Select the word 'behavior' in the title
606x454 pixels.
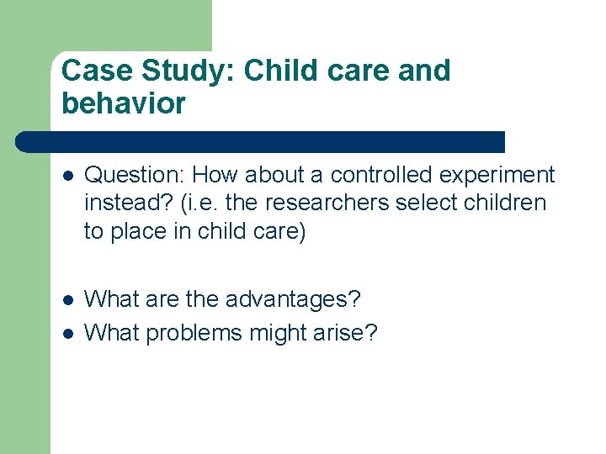pyautogui.click(x=124, y=104)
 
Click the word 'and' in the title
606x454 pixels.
pyautogui.click(x=423, y=71)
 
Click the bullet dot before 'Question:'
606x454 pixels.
pyautogui.click(x=68, y=177)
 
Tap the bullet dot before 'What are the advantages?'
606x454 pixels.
pyautogui.click(x=68, y=299)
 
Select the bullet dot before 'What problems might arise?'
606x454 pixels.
pyautogui.click(x=68, y=334)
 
